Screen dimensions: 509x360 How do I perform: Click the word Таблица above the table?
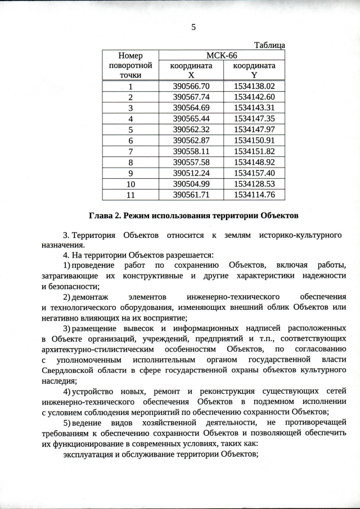coord(269,45)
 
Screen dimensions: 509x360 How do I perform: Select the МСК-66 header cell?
coord(222,55)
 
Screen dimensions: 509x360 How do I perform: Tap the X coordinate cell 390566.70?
coord(191,87)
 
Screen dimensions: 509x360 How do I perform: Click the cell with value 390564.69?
coord(191,107)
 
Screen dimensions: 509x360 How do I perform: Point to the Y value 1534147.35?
coord(254,118)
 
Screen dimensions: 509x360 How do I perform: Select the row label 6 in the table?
coord(130,140)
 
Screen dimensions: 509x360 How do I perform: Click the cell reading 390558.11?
coord(191,151)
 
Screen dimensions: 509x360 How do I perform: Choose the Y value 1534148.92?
coord(254,162)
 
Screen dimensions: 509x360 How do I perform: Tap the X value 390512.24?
coord(191,173)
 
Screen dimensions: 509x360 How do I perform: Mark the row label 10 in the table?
coord(130,184)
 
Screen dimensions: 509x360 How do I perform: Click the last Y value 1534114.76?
coord(254,195)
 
